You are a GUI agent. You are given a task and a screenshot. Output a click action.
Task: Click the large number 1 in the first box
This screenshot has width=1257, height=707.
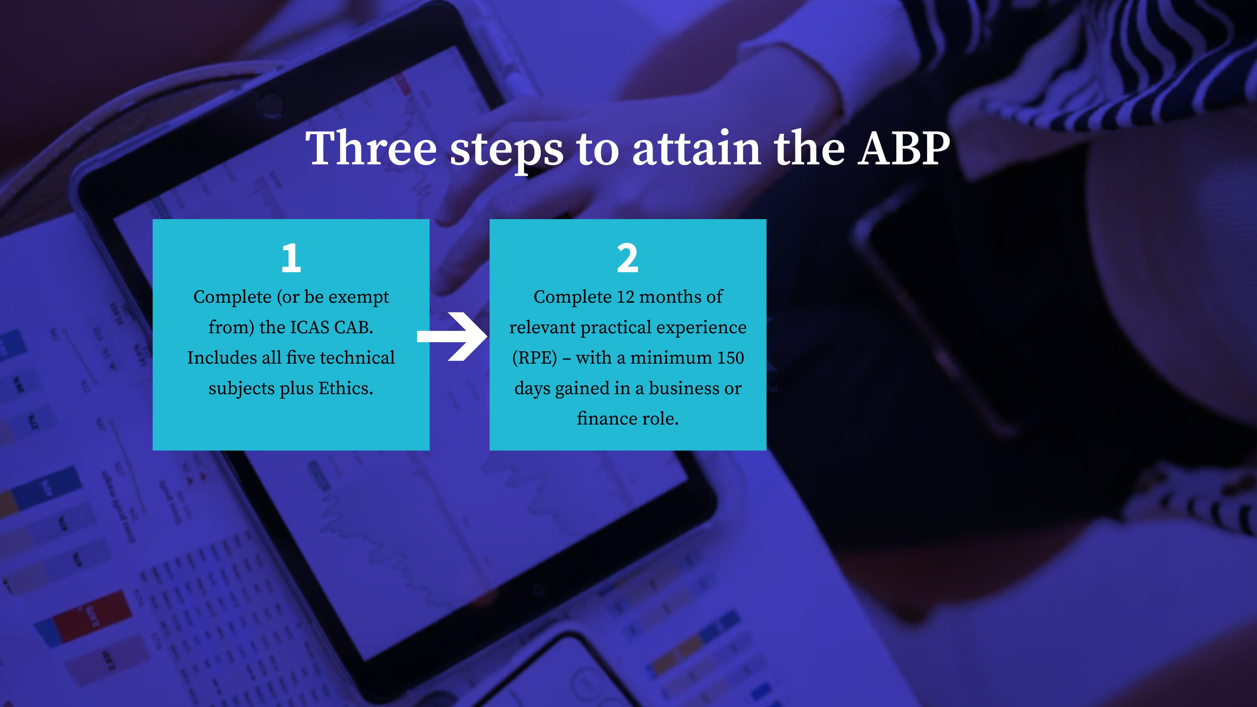pyautogui.click(x=291, y=258)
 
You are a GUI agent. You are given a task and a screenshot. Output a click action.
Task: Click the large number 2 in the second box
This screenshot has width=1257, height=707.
pyautogui.click(x=628, y=258)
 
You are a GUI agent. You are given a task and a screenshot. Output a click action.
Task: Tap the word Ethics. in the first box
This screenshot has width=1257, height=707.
pyautogui.click(x=346, y=388)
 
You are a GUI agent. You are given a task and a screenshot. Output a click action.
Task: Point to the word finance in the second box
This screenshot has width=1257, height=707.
pyautogui.click(x=606, y=419)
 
